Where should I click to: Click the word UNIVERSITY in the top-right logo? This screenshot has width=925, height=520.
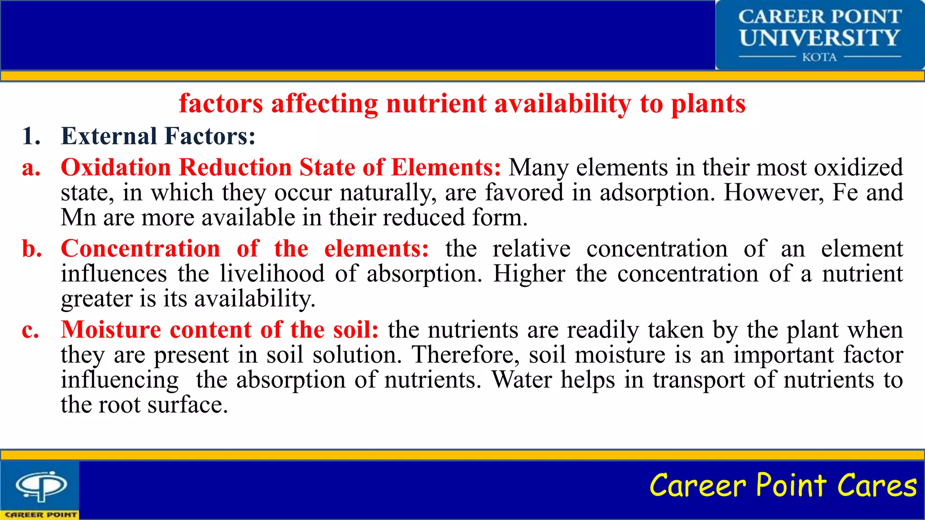coord(819,37)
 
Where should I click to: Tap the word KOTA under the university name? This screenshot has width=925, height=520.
coord(819,57)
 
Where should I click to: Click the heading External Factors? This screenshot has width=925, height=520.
coord(158,136)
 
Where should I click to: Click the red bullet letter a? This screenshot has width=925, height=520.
coord(31,168)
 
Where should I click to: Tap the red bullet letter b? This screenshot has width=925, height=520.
coord(32,249)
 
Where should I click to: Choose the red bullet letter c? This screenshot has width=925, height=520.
coord(30,330)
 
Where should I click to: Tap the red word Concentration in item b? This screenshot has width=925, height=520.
coord(140,249)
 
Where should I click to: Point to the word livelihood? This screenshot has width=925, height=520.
coord(272,274)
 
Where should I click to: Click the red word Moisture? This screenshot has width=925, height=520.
coord(111,330)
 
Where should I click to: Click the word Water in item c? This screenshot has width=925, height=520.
coord(521,380)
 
